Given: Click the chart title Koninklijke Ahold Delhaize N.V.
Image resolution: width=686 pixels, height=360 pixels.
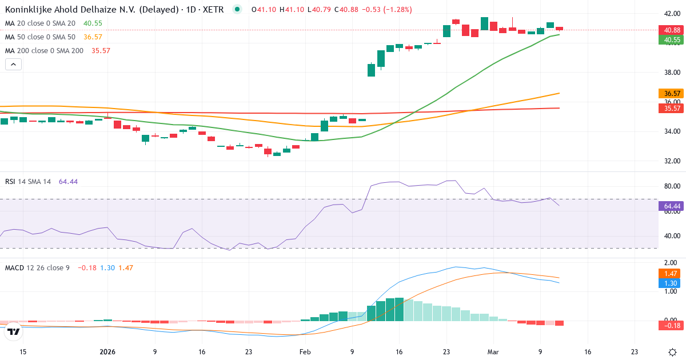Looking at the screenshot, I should pyautogui.click(x=86, y=10).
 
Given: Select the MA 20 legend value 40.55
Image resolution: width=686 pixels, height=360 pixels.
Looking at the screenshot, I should pyautogui.click(x=93, y=23).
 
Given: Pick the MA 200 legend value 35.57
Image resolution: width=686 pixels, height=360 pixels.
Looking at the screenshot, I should pyautogui.click(x=101, y=51).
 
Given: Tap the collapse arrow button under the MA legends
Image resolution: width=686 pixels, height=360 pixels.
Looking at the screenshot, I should pyautogui.click(x=13, y=65).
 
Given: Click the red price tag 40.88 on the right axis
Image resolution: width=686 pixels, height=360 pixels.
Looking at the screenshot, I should pyautogui.click(x=669, y=30).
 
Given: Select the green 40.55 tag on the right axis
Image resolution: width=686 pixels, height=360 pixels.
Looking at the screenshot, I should pyautogui.click(x=669, y=40).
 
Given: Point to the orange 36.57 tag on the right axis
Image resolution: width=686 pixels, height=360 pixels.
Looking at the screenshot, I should pyautogui.click(x=669, y=93).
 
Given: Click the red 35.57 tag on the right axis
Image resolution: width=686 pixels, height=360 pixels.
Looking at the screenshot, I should pyautogui.click(x=669, y=108).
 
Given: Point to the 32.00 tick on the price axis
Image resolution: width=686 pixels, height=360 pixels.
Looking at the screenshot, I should pyautogui.click(x=668, y=161).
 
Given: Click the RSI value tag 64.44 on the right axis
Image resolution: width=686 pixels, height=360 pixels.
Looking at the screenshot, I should pyautogui.click(x=669, y=205).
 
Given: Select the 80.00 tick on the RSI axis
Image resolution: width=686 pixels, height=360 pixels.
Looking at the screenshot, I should pyautogui.click(x=668, y=186).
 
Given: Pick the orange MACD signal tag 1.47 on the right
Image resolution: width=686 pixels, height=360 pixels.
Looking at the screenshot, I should pyautogui.click(x=669, y=274).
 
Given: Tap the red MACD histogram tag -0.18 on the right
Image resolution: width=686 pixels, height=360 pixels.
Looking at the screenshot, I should pyautogui.click(x=669, y=326).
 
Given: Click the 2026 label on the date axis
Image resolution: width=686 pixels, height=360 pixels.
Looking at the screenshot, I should pyautogui.click(x=107, y=352).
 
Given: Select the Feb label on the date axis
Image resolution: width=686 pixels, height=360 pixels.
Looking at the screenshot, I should pyautogui.click(x=305, y=352).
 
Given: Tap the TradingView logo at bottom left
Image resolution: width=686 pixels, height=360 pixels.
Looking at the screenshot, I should pyautogui.click(x=14, y=331).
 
